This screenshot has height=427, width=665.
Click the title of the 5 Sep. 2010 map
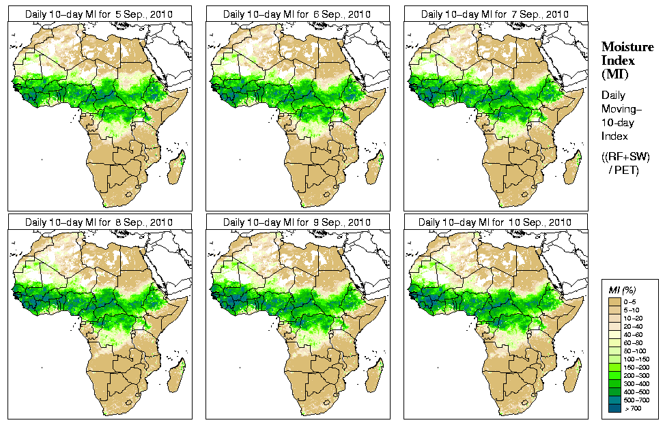click(x=100, y=14)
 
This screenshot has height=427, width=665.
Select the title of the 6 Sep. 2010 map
click(x=298, y=14)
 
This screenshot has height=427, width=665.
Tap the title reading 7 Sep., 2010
click(x=496, y=14)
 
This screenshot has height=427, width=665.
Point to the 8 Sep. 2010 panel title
click(x=100, y=222)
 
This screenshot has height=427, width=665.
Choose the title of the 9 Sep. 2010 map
click(x=298, y=222)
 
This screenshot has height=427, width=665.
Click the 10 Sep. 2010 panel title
click(x=496, y=222)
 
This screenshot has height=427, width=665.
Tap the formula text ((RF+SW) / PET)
click(x=625, y=164)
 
